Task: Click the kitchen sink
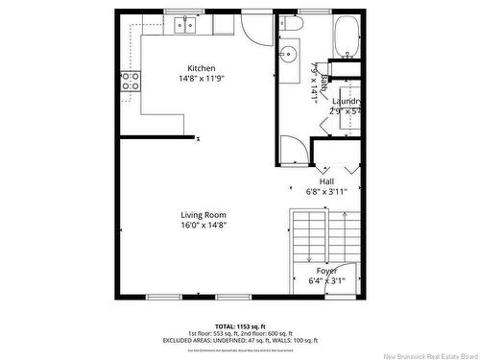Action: pos(184,27)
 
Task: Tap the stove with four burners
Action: pos(130,81)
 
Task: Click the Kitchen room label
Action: pos(201,68)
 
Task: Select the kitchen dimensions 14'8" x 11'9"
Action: pos(201,80)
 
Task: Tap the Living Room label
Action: pos(204,214)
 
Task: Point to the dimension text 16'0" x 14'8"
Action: pos(204,226)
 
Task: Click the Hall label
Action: pos(326,180)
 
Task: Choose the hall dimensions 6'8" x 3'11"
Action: pos(326,191)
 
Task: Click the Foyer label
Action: pos(326,271)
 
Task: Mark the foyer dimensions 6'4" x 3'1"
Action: pos(326,281)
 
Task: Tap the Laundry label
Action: pos(347,101)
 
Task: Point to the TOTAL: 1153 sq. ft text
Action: pos(240,326)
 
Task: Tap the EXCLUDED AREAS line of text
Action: pos(240,341)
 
